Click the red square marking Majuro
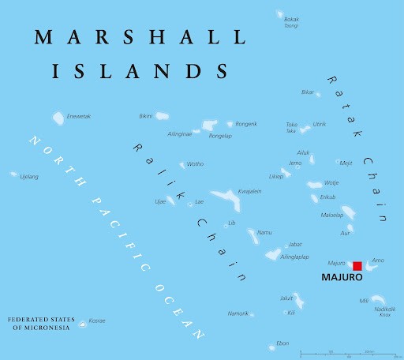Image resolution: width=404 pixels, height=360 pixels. pyautogui.click(x=357, y=266)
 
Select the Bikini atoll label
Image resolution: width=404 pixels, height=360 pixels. pyautogui.click(x=146, y=116)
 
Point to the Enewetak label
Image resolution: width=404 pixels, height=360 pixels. pyautogui.click(x=79, y=116)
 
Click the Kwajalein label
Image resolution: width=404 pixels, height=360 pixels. pyautogui.click(x=249, y=190)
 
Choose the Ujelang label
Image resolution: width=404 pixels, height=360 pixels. pyautogui.click(x=29, y=176)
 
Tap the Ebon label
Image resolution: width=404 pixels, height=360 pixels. pyautogui.click(x=282, y=343)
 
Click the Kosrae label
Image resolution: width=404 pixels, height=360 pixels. pyautogui.click(x=97, y=321)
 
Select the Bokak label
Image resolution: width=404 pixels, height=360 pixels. pyautogui.click(x=291, y=19)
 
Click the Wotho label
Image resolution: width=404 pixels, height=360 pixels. pyautogui.click(x=195, y=163)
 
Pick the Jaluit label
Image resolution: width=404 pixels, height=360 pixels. pyautogui.click(x=286, y=298)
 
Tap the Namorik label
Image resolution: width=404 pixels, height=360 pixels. pyautogui.click(x=238, y=313)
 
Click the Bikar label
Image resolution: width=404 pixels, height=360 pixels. pyautogui.click(x=308, y=92)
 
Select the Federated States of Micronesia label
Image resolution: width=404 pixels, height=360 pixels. pyautogui.click(x=39, y=323)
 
